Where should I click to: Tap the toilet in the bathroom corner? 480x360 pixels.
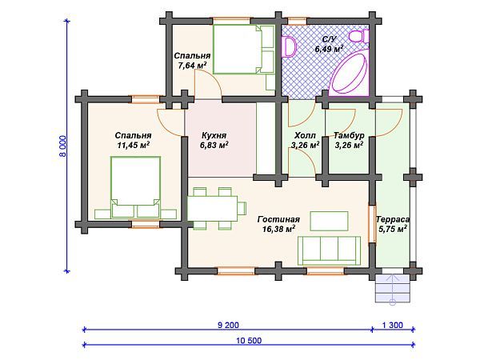[x=359, y=37]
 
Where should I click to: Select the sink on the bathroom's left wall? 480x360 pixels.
[x=290, y=46]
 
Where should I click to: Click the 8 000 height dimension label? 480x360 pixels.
[x=62, y=146]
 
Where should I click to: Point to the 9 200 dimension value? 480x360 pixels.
[x=228, y=325]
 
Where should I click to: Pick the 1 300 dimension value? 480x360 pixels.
[x=393, y=325]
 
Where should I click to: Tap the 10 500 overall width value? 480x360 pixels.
[x=249, y=341]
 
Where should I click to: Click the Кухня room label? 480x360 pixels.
[x=214, y=135]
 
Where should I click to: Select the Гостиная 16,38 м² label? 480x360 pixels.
[x=278, y=224]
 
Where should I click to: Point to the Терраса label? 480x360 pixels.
[x=393, y=219]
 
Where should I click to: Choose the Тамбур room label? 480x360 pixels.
[x=349, y=135]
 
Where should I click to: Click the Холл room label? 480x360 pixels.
[x=305, y=135]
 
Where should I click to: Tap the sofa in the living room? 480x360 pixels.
[x=329, y=250]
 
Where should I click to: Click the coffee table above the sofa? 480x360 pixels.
[x=329, y=221]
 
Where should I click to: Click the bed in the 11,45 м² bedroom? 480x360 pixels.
[x=136, y=187]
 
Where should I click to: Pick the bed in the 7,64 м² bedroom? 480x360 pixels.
[x=244, y=50]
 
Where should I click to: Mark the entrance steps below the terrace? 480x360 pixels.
[x=393, y=288]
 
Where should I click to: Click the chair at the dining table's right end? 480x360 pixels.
[x=242, y=209]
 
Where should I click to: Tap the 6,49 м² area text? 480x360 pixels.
[x=329, y=49]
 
